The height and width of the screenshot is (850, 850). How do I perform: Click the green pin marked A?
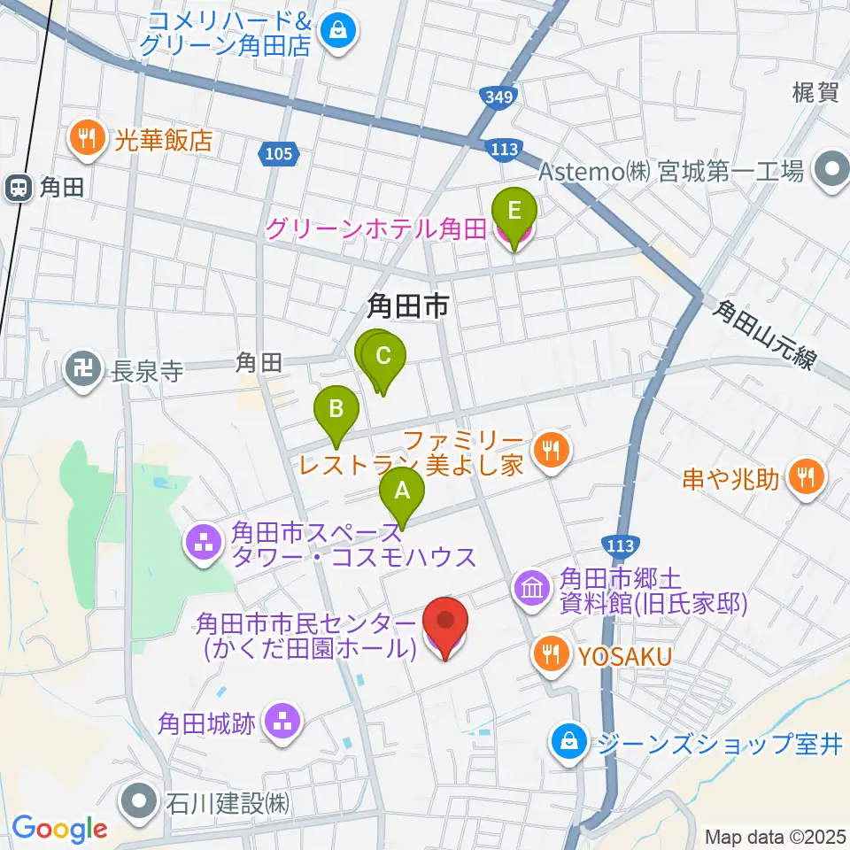[402, 490]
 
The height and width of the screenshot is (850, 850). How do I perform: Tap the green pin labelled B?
[336, 410]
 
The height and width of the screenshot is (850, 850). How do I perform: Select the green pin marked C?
[382, 358]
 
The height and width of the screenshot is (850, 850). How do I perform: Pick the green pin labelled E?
[514, 212]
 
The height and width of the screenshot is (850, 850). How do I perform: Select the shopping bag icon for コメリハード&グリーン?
[338, 33]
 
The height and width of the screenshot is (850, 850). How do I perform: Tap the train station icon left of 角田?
[17, 187]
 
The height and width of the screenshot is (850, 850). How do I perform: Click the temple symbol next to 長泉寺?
[85, 369]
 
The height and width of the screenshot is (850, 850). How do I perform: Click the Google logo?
[59, 829]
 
